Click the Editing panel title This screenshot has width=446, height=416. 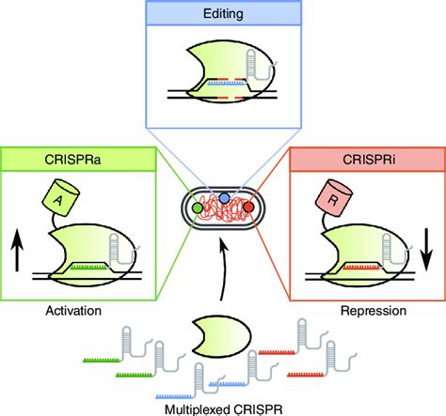(223, 14)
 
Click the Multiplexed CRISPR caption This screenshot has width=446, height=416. (222, 407)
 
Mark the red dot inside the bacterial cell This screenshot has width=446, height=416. (247, 204)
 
